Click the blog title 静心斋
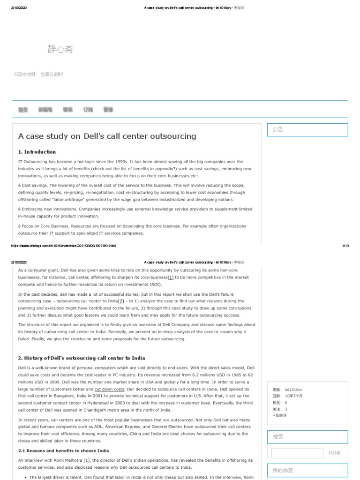click(x=60, y=49)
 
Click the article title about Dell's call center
click(x=107, y=136)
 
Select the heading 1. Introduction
click(x=37, y=152)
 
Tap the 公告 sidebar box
click(x=307, y=130)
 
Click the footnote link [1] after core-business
click(x=171, y=277)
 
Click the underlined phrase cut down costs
click(x=109, y=389)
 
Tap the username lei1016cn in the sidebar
click(x=294, y=390)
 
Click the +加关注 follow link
click(x=279, y=415)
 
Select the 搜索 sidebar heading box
click(x=307, y=437)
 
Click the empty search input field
click(x=297, y=453)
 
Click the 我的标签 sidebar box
click(x=307, y=470)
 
